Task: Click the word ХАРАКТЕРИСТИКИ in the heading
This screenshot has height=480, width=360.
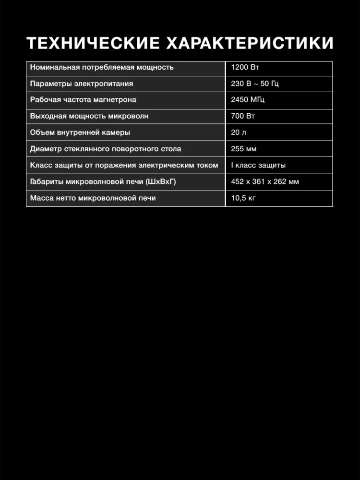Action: (x=249, y=43)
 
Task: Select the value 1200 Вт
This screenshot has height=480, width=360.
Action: (x=245, y=67)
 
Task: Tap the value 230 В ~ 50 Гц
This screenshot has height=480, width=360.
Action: (x=254, y=84)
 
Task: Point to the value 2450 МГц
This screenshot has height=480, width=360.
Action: (x=248, y=100)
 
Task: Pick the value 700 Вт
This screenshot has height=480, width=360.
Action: (x=243, y=116)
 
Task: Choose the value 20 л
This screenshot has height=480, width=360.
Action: (x=239, y=132)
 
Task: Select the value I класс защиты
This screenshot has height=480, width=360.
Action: (x=258, y=165)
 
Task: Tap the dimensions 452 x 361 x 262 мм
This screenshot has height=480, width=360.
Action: (x=265, y=181)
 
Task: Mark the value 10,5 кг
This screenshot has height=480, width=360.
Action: (x=243, y=198)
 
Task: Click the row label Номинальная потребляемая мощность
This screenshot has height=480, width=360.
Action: (x=102, y=67)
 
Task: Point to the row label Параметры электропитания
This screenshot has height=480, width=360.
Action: (x=82, y=84)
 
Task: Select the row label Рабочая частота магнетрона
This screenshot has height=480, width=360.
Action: (x=83, y=100)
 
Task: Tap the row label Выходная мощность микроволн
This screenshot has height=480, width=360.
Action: (x=89, y=116)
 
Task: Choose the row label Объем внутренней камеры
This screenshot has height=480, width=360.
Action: (x=80, y=132)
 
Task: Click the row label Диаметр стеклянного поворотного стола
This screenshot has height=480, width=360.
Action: (x=106, y=149)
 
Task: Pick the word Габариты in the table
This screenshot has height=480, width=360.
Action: (x=47, y=181)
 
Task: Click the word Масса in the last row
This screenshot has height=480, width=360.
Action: (x=41, y=198)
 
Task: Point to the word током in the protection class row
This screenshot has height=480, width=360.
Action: (x=207, y=165)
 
